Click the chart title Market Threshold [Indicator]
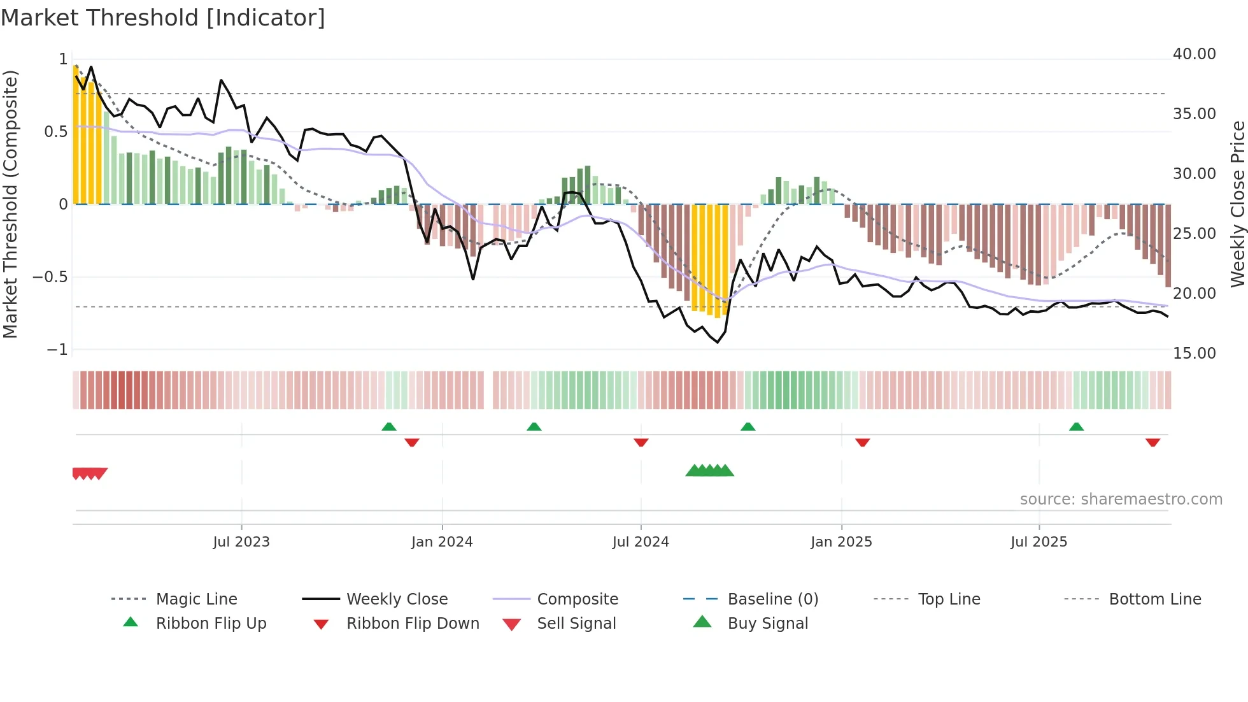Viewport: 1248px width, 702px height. tap(163, 18)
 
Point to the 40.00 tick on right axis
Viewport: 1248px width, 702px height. tap(1194, 54)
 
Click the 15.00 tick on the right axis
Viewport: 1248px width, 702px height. tap(1194, 354)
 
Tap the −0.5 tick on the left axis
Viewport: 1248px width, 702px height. tap(50, 277)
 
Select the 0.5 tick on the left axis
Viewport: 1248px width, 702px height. tap(55, 132)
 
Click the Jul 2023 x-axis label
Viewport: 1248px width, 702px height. tap(241, 542)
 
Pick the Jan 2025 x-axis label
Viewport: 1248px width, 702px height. tap(841, 542)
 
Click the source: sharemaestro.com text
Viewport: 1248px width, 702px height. tap(1121, 499)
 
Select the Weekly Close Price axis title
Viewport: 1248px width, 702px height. tap(1237, 204)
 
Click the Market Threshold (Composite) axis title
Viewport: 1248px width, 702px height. tap(10, 204)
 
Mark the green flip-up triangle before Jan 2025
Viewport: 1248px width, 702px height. tap(748, 427)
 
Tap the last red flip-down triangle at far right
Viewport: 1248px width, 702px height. tap(1152, 442)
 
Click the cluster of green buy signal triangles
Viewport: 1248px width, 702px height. tap(709, 471)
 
